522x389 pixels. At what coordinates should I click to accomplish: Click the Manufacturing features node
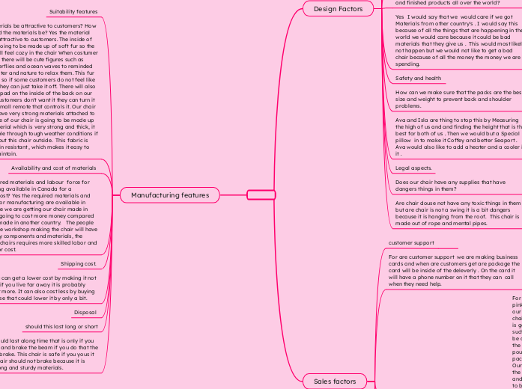click(170, 195)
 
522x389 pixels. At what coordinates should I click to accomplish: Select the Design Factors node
click(339, 9)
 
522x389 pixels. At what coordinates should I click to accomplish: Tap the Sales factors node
click(335, 381)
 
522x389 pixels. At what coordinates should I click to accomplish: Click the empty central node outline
click(261, 195)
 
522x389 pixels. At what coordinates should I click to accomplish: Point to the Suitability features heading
click(73, 12)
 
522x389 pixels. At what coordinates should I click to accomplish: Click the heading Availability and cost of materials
click(53, 168)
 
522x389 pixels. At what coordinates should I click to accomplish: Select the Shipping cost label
click(78, 264)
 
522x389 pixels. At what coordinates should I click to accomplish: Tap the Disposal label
click(85, 312)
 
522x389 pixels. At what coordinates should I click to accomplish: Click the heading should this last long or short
click(61, 327)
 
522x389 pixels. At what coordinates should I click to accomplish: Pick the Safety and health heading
click(418, 78)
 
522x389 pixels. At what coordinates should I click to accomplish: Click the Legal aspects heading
click(413, 168)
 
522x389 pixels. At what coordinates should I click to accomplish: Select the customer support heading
click(411, 243)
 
